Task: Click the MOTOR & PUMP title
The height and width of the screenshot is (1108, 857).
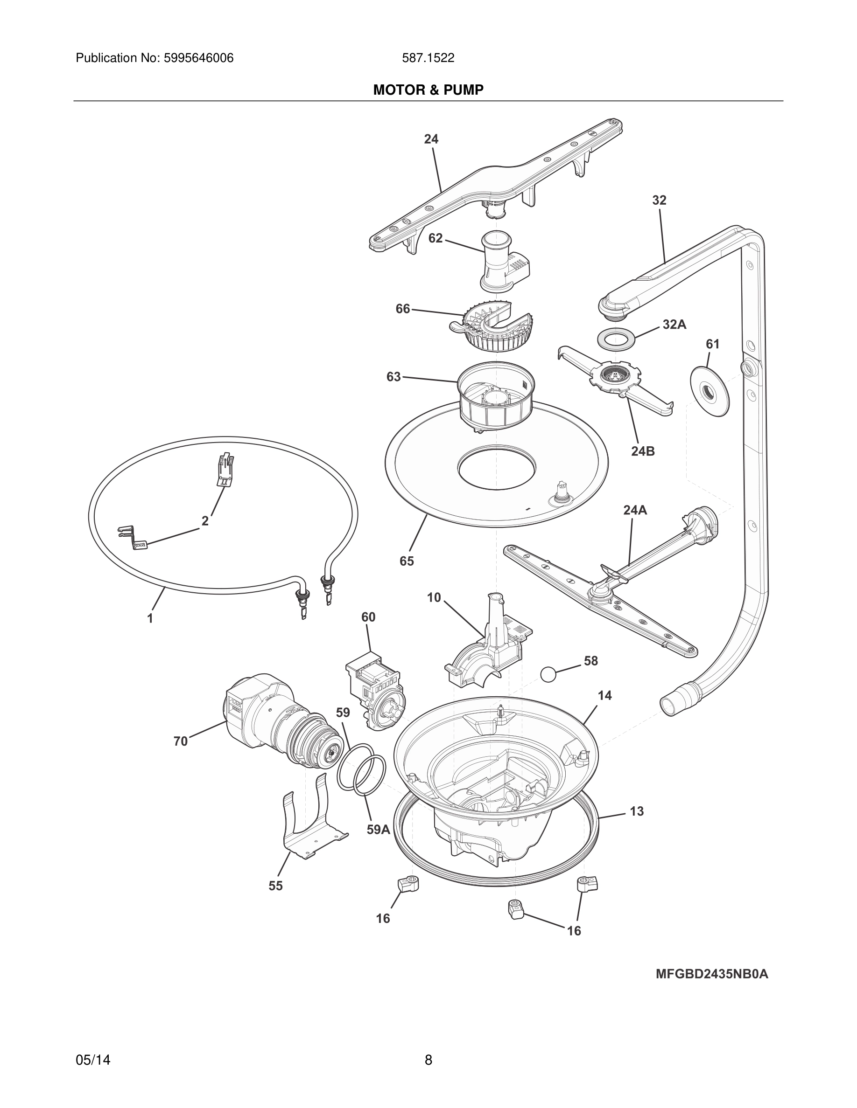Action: (x=428, y=90)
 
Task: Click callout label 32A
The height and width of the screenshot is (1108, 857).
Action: (x=674, y=325)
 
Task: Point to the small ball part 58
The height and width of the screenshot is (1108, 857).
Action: (x=548, y=675)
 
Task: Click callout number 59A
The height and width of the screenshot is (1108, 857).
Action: (x=378, y=829)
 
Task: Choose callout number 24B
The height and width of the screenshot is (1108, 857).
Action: (x=643, y=451)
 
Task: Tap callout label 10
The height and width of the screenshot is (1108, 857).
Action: (x=434, y=598)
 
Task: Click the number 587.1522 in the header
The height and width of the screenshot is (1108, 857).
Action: (x=428, y=58)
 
